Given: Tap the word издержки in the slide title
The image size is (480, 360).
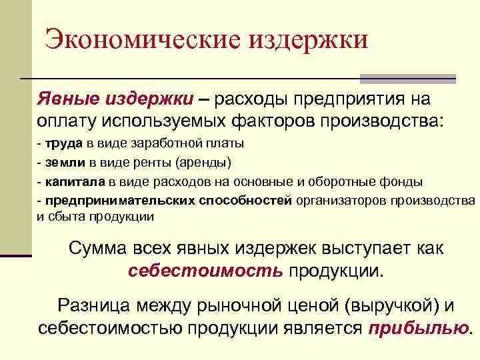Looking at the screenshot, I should pos(309,40).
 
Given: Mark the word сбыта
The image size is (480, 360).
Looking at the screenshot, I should pos(65,216).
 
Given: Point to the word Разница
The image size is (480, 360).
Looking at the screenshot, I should pos(94,306).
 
